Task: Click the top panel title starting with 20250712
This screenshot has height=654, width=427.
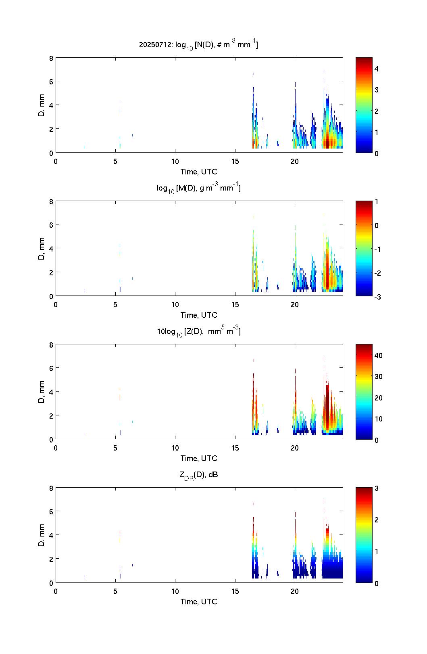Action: (198, 45)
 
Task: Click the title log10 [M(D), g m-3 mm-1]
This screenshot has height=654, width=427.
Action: (198, 188)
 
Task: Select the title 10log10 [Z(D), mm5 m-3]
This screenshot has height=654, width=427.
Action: (198, 331)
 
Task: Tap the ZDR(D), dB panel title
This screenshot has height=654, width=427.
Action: (198, 475)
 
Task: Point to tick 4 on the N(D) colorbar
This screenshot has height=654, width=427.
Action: (377, 69)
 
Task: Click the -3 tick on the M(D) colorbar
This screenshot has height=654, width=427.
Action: (377, 297)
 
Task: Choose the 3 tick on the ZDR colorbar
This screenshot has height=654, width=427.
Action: (377, 488)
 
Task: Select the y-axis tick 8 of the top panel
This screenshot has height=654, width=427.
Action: (51, 58)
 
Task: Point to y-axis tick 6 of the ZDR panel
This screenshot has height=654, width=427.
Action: (51, 511)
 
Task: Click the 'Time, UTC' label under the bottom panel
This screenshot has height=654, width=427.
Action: (199, 602)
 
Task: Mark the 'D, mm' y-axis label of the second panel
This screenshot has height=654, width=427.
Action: (41, 249)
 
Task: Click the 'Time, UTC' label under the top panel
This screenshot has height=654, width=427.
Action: (199, 172)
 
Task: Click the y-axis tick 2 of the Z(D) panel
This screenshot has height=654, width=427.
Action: (51, 415)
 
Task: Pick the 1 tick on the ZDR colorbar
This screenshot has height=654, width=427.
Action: (377, 551)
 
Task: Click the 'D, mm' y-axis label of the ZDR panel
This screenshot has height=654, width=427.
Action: (41, 535)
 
